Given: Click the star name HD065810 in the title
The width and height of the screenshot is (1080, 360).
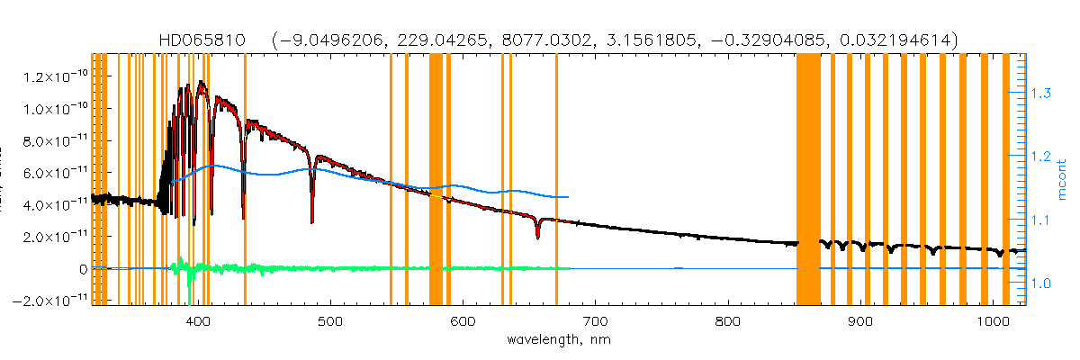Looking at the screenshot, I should coord(209,40).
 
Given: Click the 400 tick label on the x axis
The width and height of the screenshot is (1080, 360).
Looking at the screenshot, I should coord(195,321).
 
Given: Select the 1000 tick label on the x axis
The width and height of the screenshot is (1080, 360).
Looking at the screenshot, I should coord(993,321).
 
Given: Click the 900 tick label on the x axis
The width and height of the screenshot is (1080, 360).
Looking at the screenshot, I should coord(863,321).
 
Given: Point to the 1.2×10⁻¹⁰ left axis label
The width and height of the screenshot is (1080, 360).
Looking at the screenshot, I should coord(52,77).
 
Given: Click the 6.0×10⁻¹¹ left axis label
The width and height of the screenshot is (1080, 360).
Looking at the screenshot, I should coord(52,173).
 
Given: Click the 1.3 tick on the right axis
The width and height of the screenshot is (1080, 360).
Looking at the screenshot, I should coord(1039,93).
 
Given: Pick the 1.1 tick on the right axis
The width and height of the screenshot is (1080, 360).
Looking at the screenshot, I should coord(1039,220).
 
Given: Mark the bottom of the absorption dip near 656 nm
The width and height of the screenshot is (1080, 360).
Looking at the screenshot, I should coord(537,237).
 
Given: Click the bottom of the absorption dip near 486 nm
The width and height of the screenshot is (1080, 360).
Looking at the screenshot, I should coord(312,220).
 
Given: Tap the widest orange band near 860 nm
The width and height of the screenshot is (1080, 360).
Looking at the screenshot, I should coord(808,180).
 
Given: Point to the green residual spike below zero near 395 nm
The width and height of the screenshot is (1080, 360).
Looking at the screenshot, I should coord(189,283).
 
